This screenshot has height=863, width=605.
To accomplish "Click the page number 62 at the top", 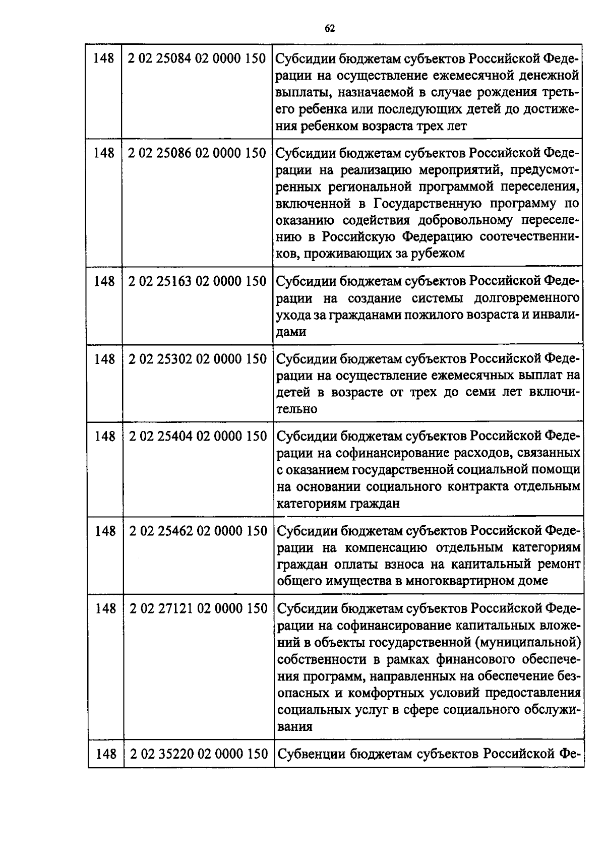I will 330,28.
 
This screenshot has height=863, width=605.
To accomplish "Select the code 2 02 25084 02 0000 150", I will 197,59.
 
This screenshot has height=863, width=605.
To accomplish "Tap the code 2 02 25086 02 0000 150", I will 197,153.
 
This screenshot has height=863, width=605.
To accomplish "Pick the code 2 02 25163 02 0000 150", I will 197,281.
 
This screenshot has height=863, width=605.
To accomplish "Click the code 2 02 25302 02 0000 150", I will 198,359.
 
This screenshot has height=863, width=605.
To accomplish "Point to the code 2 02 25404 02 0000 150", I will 198,437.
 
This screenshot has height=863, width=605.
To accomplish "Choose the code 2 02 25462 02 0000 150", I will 199,531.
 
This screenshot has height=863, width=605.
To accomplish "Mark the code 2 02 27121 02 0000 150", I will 199,609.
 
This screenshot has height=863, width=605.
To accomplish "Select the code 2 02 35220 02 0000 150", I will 199,754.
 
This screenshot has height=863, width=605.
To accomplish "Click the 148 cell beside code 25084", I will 104,59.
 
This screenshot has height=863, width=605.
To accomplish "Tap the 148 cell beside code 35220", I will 106,754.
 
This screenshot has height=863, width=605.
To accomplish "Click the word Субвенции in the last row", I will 312,754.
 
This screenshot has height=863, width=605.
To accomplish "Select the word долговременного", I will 526,298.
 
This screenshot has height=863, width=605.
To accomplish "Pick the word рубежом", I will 439,254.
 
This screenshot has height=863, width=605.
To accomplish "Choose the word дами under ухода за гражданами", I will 291,332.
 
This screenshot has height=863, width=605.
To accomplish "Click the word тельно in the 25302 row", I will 297,409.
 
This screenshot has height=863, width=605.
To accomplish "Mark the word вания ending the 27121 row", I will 295,727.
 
